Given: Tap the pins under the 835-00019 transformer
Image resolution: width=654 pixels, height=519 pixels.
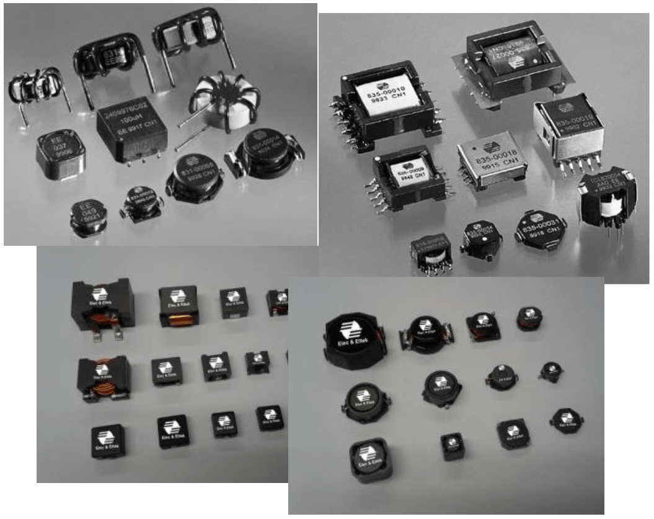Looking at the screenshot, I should coord(573,164).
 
